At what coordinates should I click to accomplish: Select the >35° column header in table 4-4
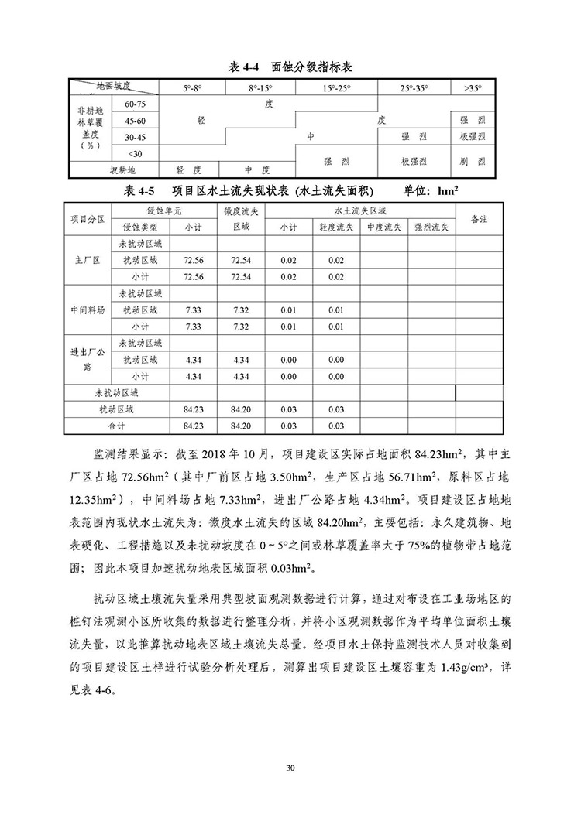(x=472, y=89)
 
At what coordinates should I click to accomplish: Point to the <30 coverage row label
(x=136, y=152)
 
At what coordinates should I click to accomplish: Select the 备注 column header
(x=479, y=220)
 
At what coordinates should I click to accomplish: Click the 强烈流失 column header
(x=430, y=227)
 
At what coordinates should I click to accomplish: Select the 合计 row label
(x=115, y=426)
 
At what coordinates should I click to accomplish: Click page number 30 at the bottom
(x=290, y=768)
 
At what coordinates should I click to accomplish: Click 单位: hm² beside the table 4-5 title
(x=433, y=189)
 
